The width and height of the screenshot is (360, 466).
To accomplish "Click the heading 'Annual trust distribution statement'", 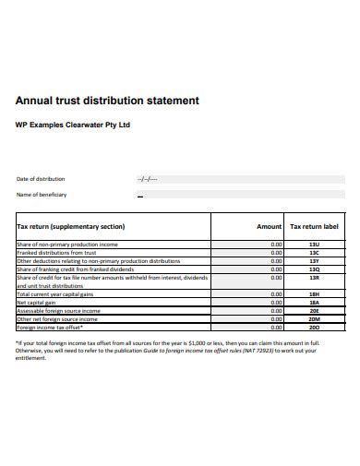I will (x=115, y=100).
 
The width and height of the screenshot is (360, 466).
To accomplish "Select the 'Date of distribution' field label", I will (x=41, y=179).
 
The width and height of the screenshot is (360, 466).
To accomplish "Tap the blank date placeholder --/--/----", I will (x=147, y=179).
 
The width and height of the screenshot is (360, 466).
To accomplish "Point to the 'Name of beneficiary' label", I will (x=42, y=195).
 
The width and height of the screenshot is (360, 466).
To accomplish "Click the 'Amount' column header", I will (x=269, y=226).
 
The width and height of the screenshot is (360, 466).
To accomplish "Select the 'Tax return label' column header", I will (x=315, y=226).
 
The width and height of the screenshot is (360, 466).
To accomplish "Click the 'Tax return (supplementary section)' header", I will (x=71, y=226).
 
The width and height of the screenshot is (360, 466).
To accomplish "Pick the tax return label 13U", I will (x=315, y=245).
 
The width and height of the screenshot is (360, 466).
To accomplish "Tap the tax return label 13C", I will (x=315, y=253).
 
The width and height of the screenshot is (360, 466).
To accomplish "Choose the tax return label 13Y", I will (x=315, y=261).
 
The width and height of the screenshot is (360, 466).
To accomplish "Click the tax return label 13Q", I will (x=315, y=269).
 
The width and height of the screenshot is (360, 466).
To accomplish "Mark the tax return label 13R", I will (x=315, y=278).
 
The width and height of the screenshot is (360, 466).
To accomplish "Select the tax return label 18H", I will (x=315, y=293).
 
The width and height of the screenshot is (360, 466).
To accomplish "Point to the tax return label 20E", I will (x=315, y=311).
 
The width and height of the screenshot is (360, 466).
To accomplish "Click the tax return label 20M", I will (x=315, y=319).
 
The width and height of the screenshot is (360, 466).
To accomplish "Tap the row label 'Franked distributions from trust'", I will (x=56, y=253).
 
